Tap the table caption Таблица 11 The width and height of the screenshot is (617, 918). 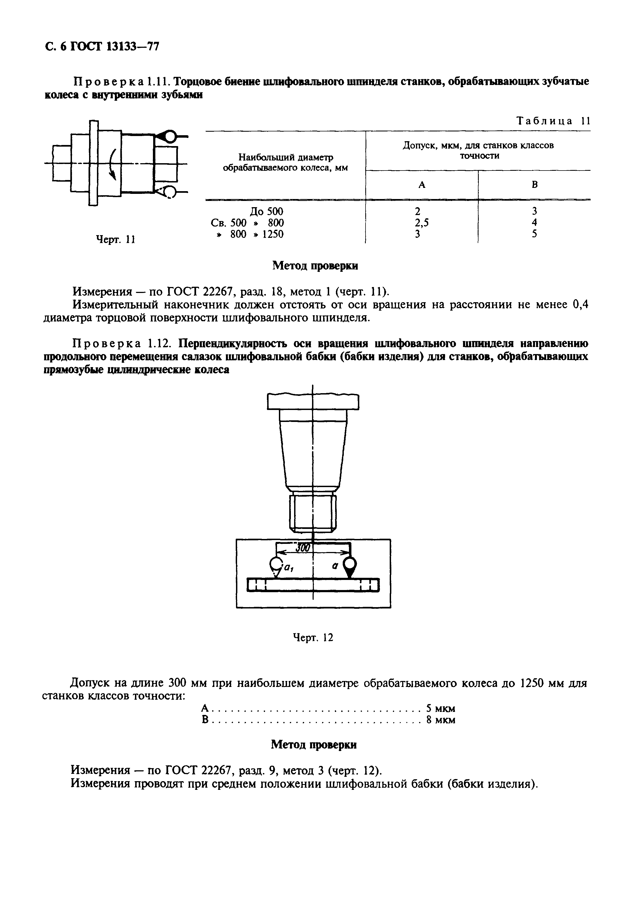coord(553,121)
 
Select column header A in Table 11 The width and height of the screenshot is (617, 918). coord(422,184)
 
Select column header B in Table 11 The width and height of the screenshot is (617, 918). coord(534,184)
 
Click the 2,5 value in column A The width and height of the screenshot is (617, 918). coord(421,223)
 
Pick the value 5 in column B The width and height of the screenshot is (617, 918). coord(534,234)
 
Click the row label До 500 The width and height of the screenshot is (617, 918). coord(266,211)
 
